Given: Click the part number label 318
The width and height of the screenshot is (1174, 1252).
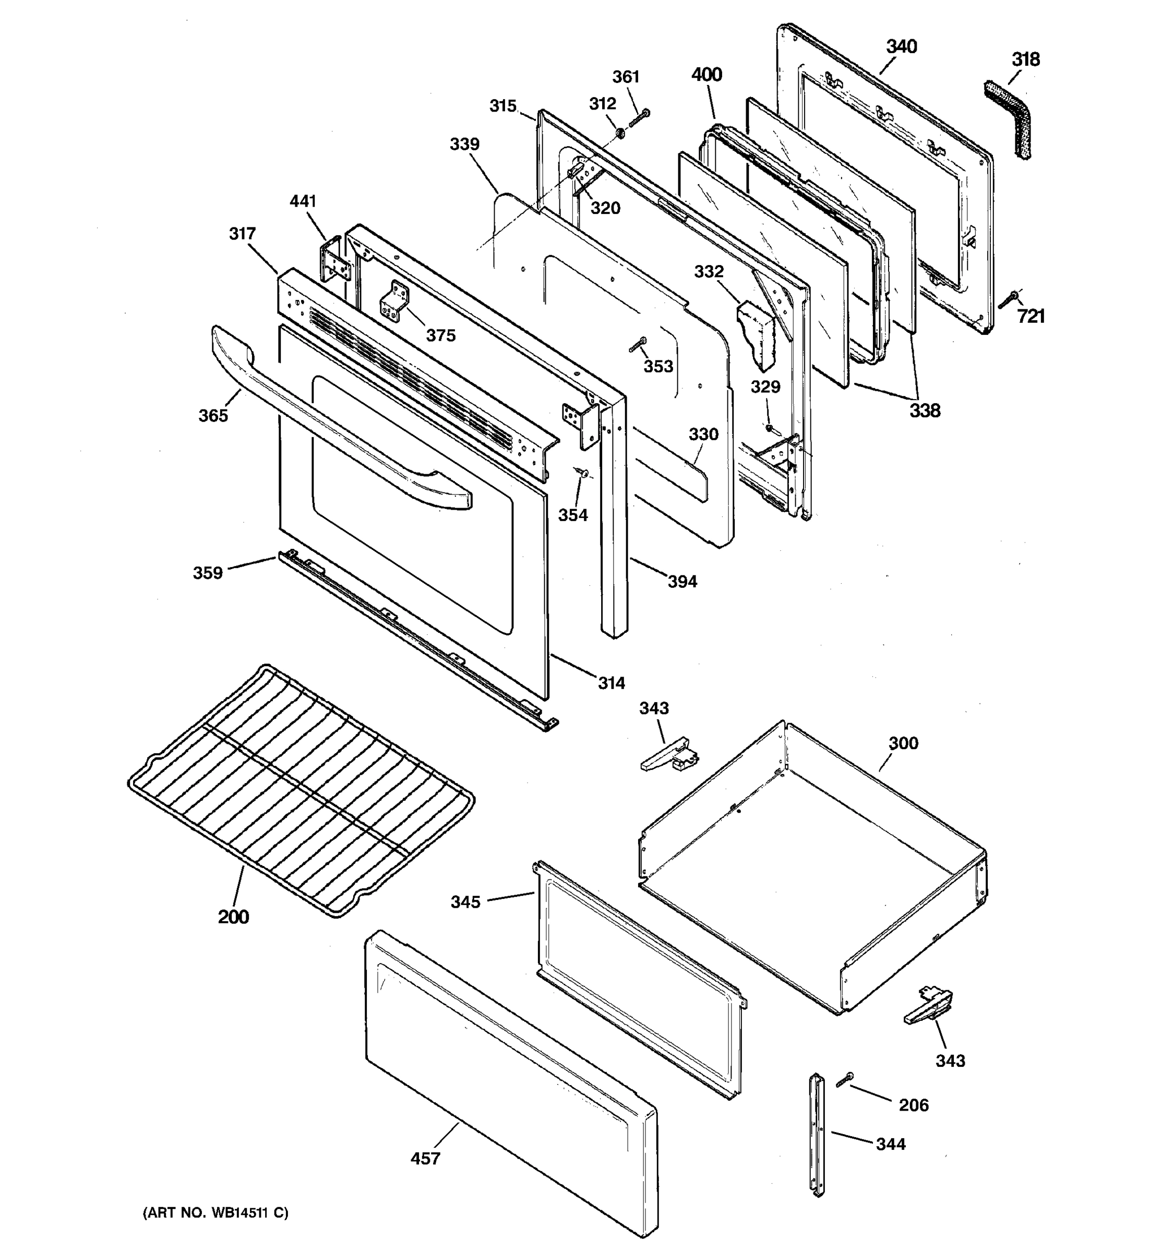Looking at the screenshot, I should coord(1025,60).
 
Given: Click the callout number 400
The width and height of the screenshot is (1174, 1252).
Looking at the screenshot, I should coord(706,75).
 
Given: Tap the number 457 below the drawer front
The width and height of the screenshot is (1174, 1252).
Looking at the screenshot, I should coord(425,1158).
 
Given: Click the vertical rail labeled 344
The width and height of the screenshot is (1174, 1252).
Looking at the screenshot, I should coord(817,1134).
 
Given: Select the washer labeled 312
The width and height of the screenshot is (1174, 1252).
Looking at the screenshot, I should coord(620,133).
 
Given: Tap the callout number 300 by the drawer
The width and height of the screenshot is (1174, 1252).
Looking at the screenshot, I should coord(903,743).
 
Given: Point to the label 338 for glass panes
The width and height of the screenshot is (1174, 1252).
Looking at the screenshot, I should coord(924,411).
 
